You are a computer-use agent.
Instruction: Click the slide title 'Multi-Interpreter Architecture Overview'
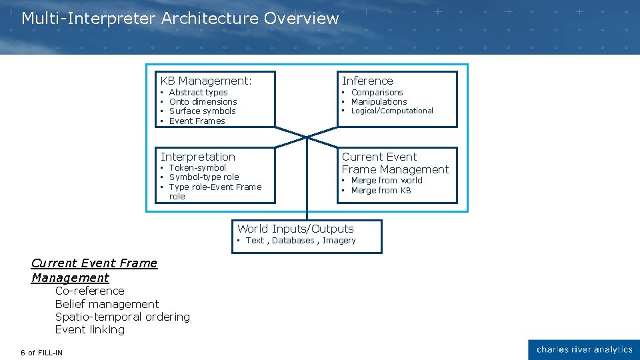pos(180,19)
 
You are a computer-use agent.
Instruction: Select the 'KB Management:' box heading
pos(206,81)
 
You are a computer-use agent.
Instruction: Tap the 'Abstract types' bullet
pos(198,93)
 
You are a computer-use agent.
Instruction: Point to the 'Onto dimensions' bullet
pos(203,102)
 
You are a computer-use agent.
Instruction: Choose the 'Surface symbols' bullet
pos(202,111)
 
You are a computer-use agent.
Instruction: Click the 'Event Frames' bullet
pos(197,121)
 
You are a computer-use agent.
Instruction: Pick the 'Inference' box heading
pos(367,81)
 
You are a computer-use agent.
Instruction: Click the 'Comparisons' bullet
pos(377,93)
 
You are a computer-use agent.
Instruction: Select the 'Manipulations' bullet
pos(379,102)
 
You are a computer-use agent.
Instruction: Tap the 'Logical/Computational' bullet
pos(392,111)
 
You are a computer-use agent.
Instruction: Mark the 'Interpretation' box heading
pos(198,157)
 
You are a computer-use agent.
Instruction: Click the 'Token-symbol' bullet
pos(197,168)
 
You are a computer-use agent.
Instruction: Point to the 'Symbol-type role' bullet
pos(203,177)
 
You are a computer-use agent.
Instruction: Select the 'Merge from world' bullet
pos(387,181)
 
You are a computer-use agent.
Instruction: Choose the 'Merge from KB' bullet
pos(381,191)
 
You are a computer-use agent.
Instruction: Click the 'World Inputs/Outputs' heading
pos(295,229)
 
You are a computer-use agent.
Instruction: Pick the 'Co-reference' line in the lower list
pos(90,291)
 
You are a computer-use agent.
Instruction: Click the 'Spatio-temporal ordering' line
pos(123,317)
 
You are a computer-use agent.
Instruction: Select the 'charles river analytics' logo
pos(584,350)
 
